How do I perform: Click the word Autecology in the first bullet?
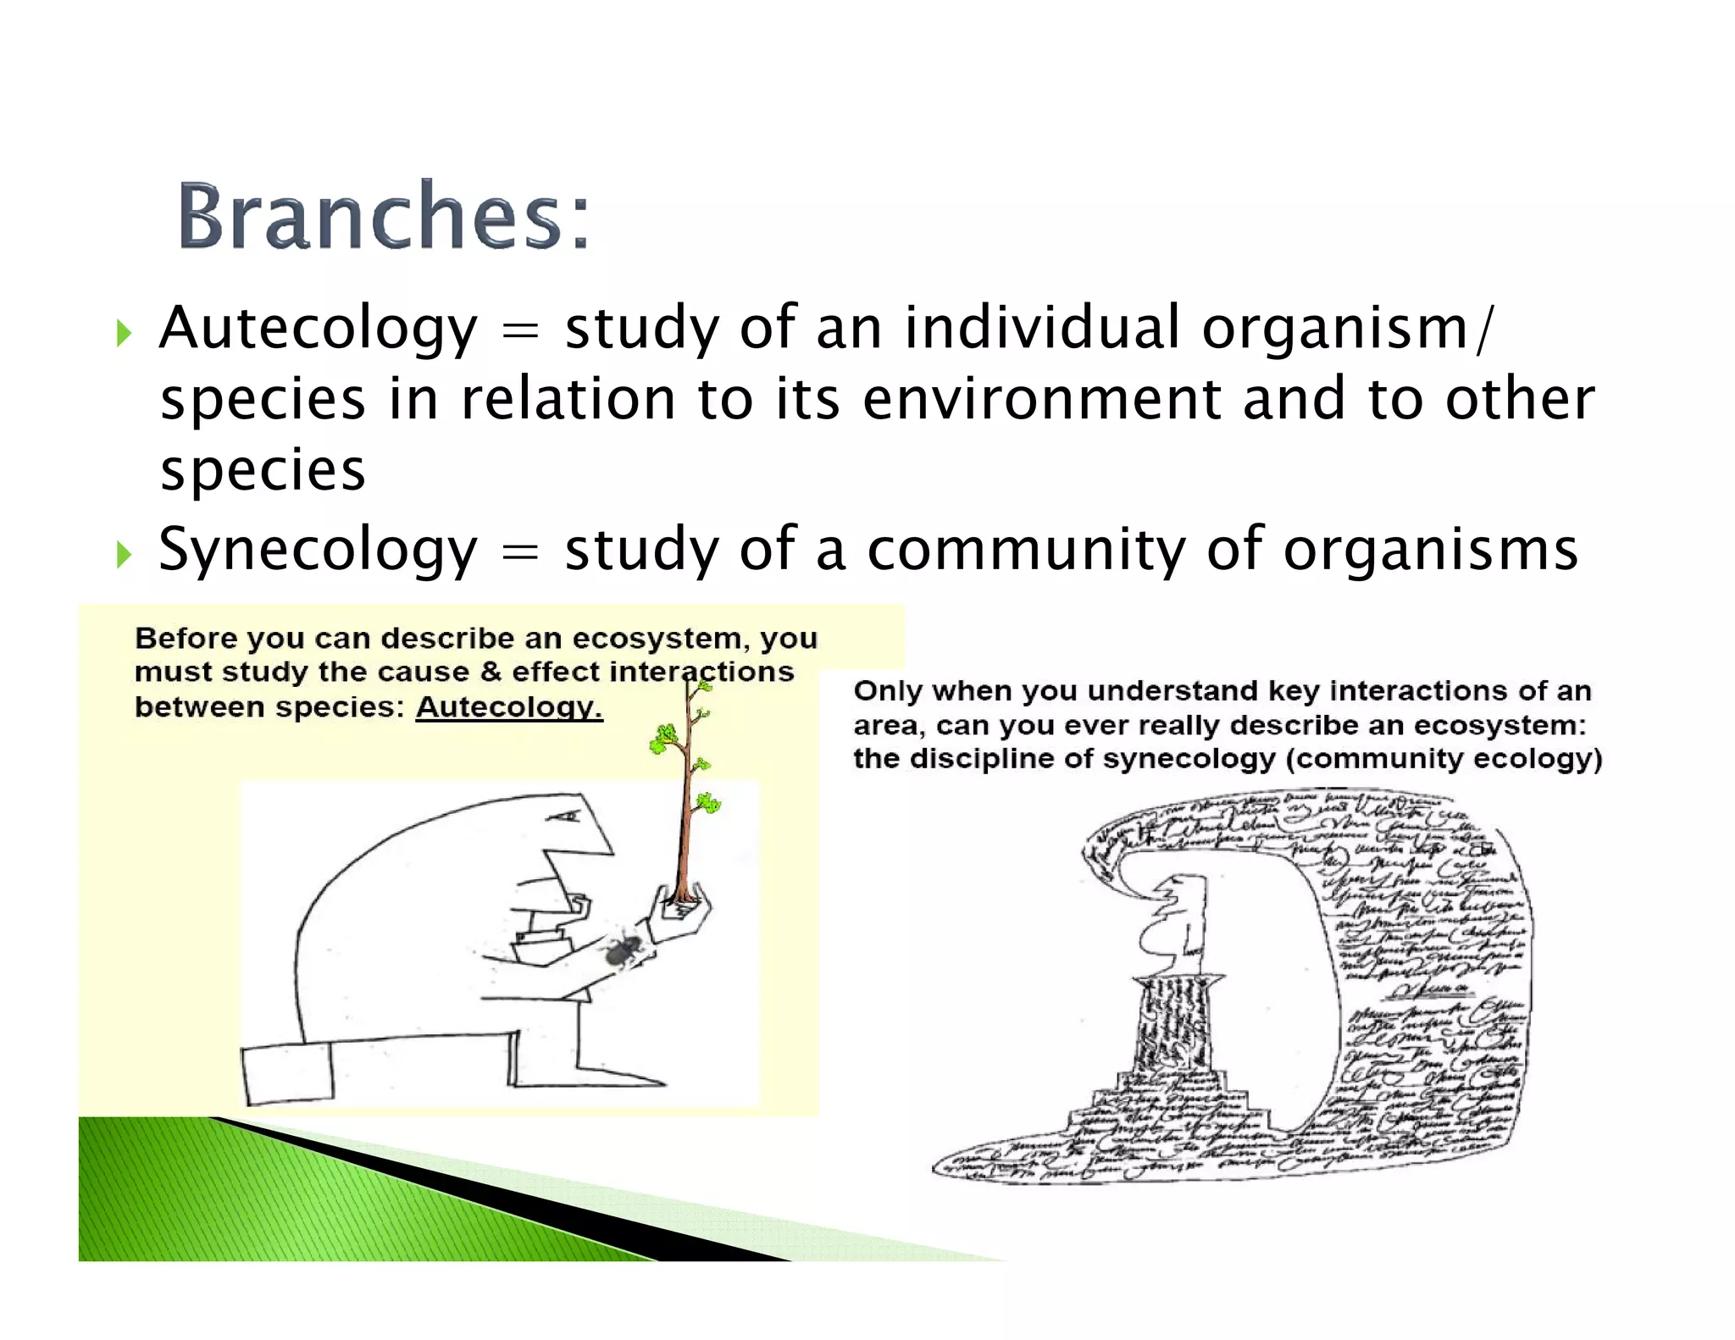318,328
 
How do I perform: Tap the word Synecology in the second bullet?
318,550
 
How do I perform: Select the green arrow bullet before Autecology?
125,333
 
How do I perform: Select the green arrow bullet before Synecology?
125,555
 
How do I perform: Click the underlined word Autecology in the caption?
508,706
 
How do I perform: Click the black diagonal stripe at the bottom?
508,1195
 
